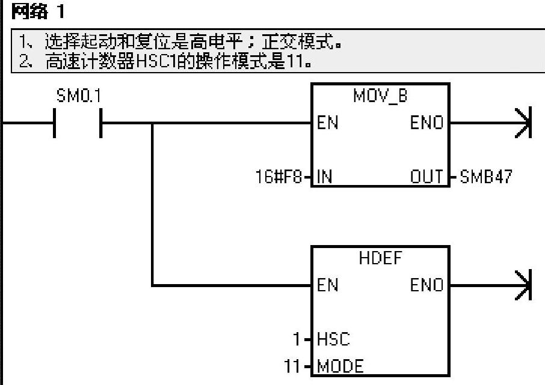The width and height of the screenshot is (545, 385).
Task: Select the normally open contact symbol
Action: click(77, 123)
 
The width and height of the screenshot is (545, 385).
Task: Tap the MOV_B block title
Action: click(380, 96)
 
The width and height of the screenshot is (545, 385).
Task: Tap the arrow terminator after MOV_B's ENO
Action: click(522, 123)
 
